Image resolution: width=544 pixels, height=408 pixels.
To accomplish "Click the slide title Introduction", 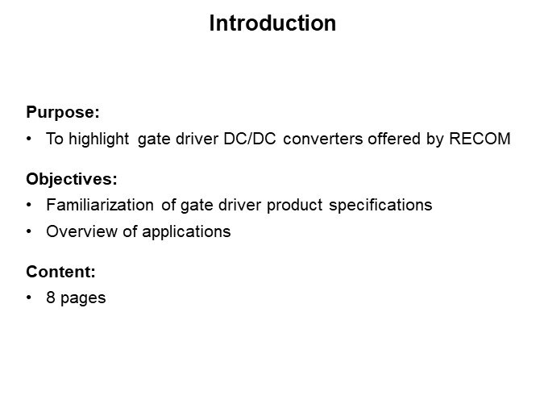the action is pos(272,23).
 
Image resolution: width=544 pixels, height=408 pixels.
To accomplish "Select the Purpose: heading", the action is pos(63,112).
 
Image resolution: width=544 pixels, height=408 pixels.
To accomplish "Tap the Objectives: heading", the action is pos(72,179).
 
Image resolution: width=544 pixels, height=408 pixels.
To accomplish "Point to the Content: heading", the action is pos(60,272).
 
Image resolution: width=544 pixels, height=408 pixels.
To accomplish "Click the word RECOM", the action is pos(480,139).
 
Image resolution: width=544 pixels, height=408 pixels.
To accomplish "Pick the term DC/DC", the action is pos(250,139).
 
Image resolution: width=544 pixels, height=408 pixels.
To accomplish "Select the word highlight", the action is pos(99,139).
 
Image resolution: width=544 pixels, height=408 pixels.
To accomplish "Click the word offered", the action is pos(394,139).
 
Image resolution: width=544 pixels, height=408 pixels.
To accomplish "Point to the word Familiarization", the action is pos(100,205).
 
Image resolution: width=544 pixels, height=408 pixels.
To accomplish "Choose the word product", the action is pos(294,206).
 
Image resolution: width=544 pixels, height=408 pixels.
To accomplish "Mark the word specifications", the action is pos(380,206).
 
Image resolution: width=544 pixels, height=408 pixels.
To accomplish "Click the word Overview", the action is pos(82,231).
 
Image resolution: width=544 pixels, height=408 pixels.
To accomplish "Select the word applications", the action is pos(186,232).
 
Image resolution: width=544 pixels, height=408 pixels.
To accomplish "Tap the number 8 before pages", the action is pos(51,298).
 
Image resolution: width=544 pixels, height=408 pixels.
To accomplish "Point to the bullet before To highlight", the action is pos(29,139).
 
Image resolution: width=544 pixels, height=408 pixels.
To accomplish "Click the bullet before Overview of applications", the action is pos(29,231).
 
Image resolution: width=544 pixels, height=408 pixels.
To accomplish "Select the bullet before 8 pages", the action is pos(29,298).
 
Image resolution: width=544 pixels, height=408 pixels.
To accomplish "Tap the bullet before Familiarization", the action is pos(29,205).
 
